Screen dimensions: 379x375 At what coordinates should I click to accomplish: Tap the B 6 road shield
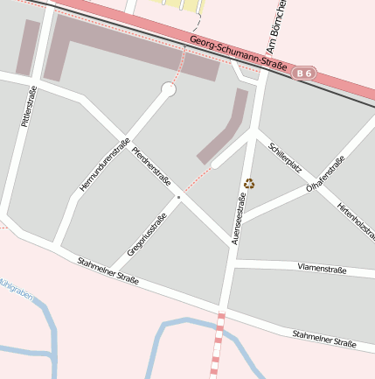304,74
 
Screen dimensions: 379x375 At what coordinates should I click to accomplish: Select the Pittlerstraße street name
29,107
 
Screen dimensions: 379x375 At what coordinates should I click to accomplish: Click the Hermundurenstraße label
104,165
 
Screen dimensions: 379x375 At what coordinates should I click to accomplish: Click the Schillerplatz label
285,156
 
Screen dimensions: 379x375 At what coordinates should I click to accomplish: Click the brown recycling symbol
250,184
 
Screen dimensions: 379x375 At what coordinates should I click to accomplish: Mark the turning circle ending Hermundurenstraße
169,89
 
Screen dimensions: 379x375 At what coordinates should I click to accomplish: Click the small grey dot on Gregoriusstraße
178,198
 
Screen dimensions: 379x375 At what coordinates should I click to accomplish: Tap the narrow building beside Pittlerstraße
27,47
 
